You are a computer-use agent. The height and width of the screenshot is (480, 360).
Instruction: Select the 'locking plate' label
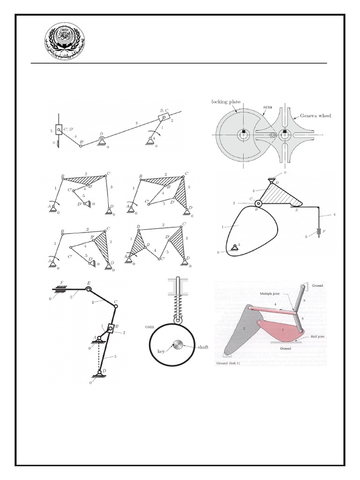tap(225, 101)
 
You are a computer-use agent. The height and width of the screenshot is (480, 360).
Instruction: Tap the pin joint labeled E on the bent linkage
tap(87, 289)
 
